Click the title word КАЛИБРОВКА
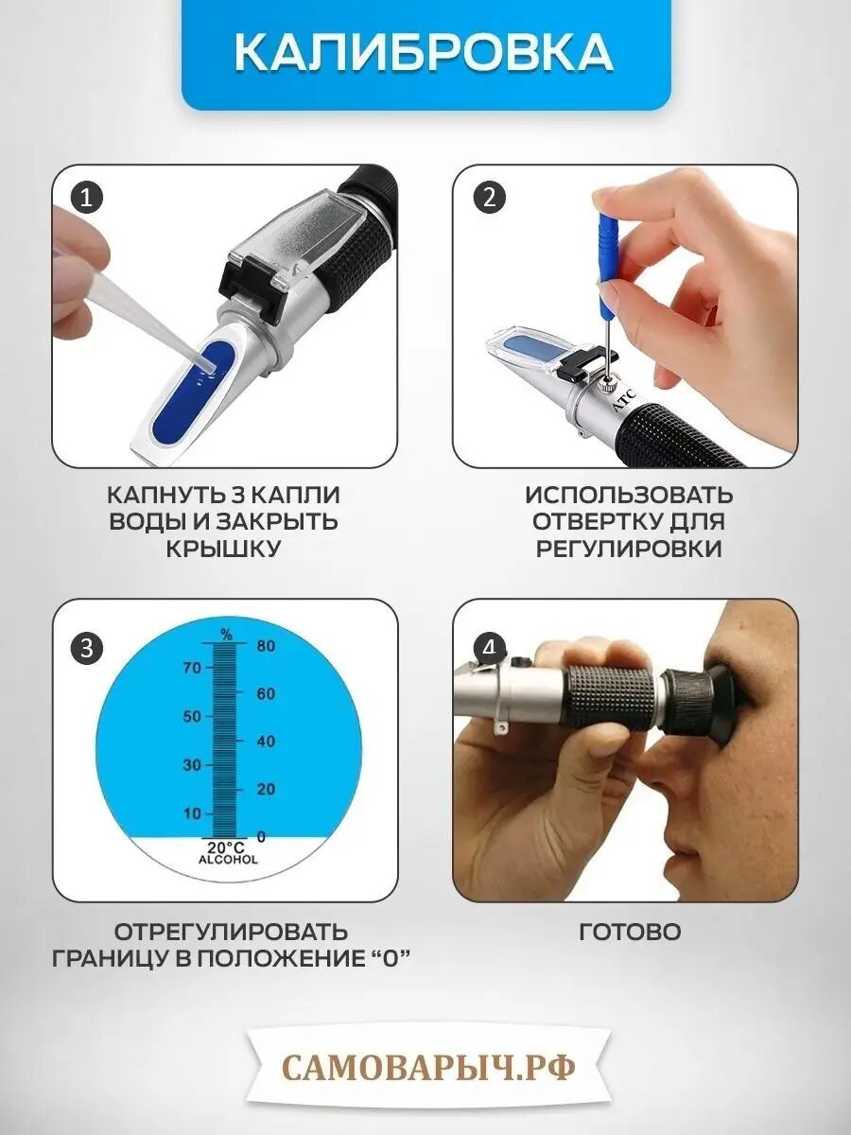tap(425, 53)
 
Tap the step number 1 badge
tap(86, 198)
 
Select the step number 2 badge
tap(489, 198)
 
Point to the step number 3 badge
tap(87, 648)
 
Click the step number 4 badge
tap(489, 648)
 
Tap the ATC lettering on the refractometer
tap(624, 399)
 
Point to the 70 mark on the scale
tap(192, 668)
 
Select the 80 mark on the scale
tap(266, 646)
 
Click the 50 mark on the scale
tap(192, 717)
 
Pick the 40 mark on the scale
tap(266, 742)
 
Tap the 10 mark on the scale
tap(192, 814)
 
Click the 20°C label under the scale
tap(227, 848)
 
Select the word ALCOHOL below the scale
tap(228, 861)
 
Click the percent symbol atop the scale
tap(226, 636)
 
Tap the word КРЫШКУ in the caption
tap(223, 549)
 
